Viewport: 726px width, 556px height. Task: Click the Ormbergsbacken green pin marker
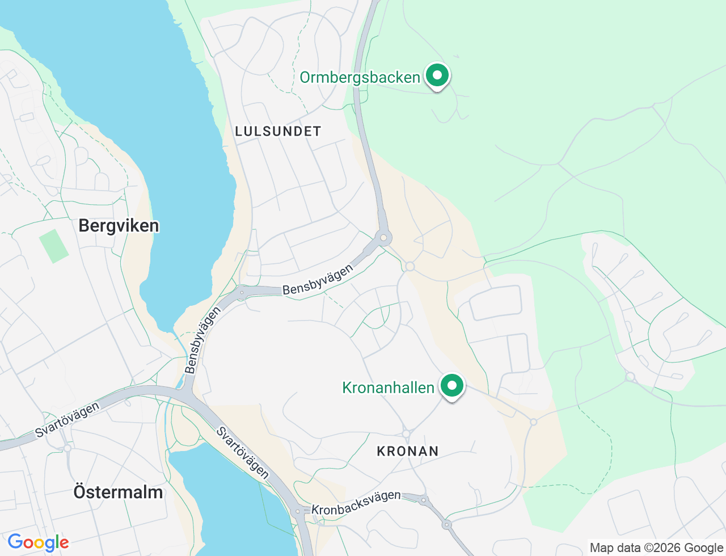click(x=437, y=75)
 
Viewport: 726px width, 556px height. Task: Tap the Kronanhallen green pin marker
click(x=452, y=386)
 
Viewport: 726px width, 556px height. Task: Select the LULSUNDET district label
click(x=278, y=131)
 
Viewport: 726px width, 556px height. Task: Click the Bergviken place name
click(x=119, y=226)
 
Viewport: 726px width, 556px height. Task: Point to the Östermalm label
click(x=118, y=492)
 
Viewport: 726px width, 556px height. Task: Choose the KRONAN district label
click(x=408, y=451)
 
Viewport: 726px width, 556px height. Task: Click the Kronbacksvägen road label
click(x=356, y=503)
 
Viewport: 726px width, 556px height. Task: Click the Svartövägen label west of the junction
click(x=67, y=419)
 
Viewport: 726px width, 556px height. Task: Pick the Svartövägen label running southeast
click(x=243, y=453)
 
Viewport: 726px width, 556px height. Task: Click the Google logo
click(x=38, y=542)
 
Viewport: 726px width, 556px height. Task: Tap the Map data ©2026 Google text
click(x=656, y=547)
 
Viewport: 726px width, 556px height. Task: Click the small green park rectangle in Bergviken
click(x=54, y=246)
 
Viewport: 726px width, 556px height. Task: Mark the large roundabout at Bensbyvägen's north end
click(x=384, y=237)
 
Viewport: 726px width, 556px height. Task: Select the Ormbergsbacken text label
click(x=360, y=77)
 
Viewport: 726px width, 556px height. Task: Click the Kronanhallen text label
click(x=388, y=387)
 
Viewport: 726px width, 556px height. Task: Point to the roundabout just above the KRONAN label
click(x=406, y=433)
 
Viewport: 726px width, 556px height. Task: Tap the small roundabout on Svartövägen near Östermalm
click(x=67, y=448)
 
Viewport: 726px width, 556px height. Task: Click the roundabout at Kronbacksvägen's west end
click(x=298, y=511)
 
